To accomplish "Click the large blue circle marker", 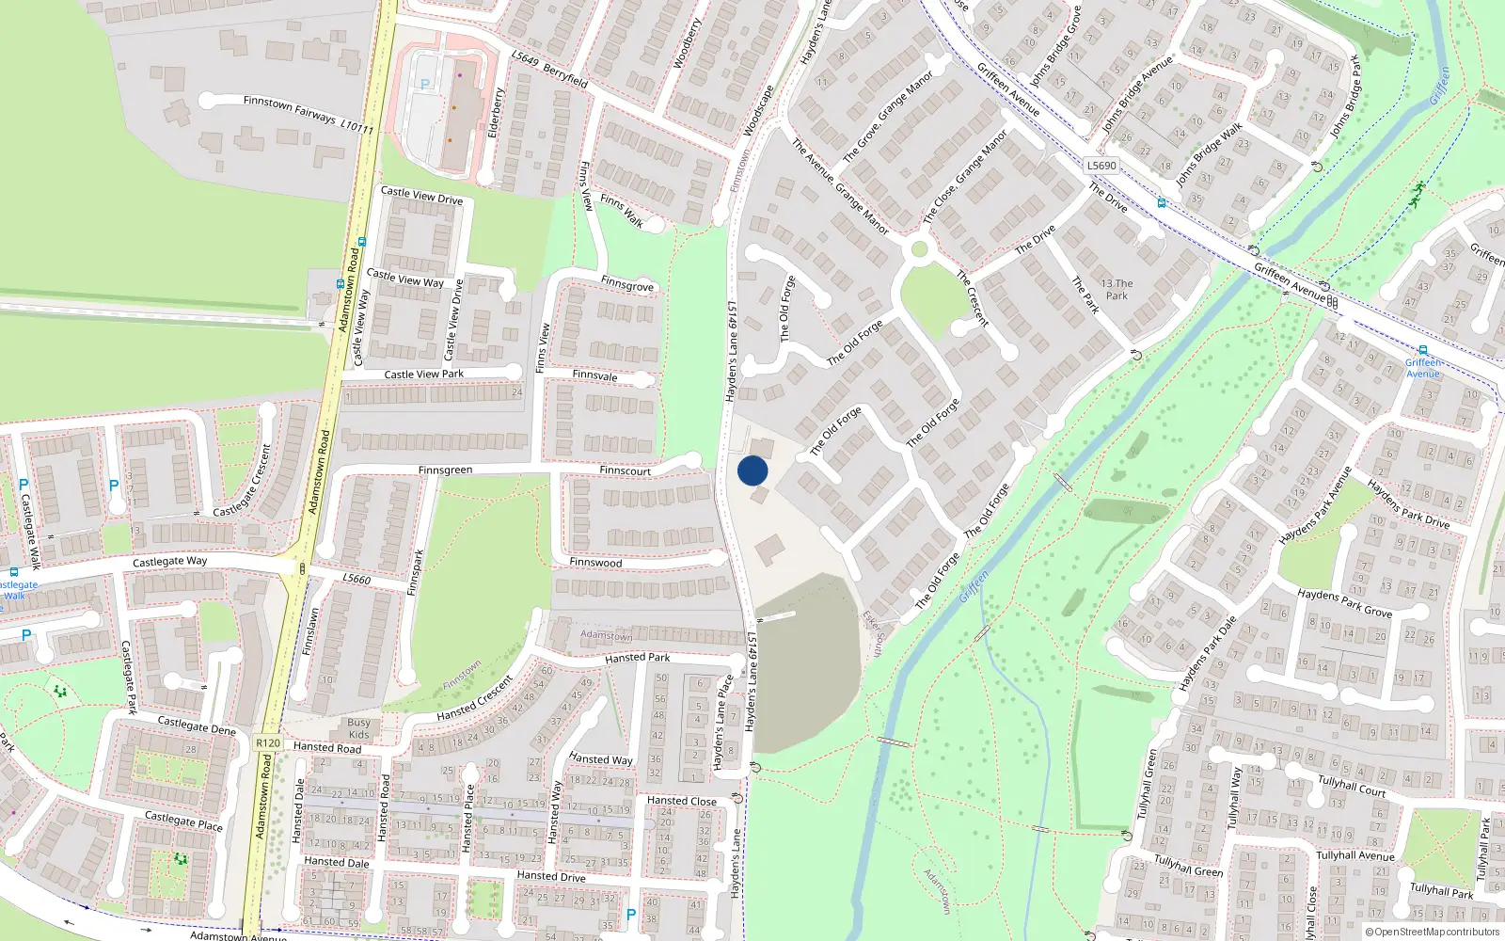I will click(752, 470).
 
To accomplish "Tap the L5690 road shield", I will click(1101, 166).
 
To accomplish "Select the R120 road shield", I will click(268, 742).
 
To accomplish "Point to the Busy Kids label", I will click(358, 728).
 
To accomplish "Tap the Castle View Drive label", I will click(421, 196).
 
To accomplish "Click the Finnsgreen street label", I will click(445, 470).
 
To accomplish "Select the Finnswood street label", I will click(595, 563).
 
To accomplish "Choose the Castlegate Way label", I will click(169, 561).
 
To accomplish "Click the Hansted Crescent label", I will click(475, 698).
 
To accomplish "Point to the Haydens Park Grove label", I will click(1344, 603).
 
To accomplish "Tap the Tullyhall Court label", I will click(1352, 785).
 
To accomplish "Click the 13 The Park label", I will click(1117, 289).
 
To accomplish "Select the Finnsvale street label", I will click(594, 375).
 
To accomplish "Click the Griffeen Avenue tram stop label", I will click(1423, 368).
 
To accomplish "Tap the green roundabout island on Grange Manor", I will click(919, 249).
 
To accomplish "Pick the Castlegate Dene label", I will click(197, 726).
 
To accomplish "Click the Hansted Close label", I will click(682, 801).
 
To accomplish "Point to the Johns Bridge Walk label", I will click(1209, 152).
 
